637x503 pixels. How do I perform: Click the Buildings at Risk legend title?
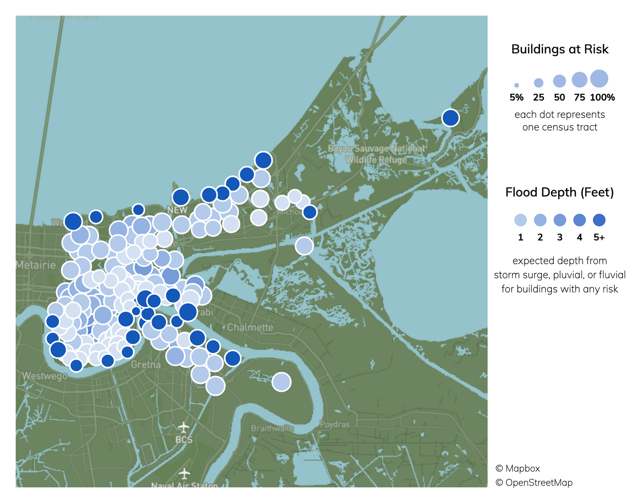559,49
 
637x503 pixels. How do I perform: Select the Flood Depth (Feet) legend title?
559,193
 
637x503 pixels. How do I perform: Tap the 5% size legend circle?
516,85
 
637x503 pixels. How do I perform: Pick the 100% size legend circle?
599,78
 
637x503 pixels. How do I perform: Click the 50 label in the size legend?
559,97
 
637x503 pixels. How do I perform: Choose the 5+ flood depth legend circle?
599,220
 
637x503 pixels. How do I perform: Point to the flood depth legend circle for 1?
520,220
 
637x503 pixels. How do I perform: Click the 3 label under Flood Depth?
560,238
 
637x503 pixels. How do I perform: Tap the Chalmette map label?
250,328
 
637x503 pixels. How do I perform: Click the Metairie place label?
36,265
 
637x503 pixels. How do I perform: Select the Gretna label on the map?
146,365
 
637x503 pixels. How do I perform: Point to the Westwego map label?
45,376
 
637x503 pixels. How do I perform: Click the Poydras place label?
335,424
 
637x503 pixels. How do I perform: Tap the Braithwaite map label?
272,429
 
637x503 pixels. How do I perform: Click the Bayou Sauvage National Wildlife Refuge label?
376,154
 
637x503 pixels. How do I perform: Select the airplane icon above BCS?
183,428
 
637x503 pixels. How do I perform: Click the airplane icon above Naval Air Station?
184,474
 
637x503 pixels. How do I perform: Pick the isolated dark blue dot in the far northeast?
450,118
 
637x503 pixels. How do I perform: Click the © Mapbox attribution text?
518,468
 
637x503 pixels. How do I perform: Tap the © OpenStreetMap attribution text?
534,483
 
